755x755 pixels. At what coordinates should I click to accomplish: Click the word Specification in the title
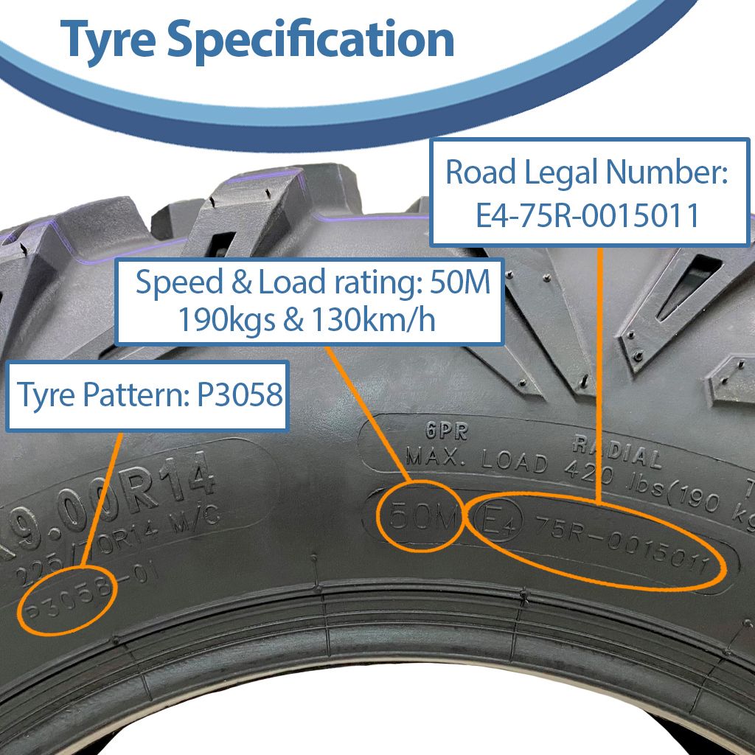(x=310, y=40)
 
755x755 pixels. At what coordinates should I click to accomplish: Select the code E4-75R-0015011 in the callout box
(x=588, y=216)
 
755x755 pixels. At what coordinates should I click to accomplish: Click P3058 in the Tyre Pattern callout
(x=240, y=395)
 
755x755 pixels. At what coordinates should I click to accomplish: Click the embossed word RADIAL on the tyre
(x=616, y=451)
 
